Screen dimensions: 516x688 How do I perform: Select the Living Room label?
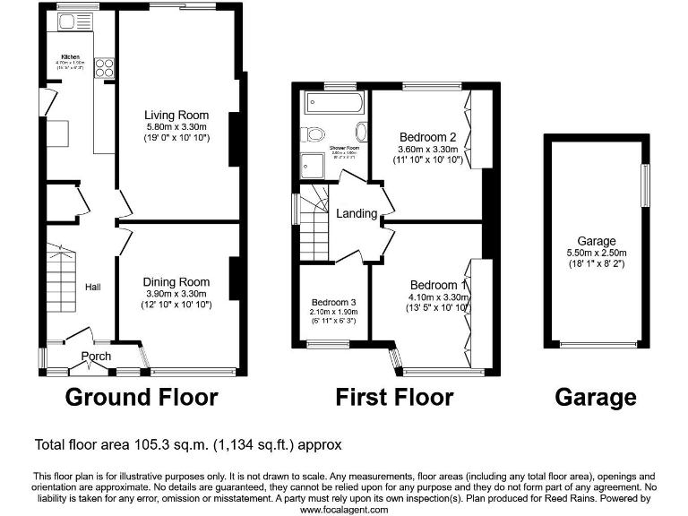(x=177, y=115)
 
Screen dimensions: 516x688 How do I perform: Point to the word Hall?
(x=92, y=287)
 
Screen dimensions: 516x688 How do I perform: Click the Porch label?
(x=96, y=357)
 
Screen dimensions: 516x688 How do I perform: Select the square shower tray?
(x=314, y=163)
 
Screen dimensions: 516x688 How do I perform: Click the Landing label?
(x=356, y=214)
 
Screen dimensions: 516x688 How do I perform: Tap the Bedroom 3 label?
(x=333, y=302)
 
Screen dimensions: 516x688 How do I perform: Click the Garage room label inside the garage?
(x=596, y=241)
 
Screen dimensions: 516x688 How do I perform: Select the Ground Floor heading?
(x=142, y=396)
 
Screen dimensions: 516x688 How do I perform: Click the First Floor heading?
(x=394, y=396)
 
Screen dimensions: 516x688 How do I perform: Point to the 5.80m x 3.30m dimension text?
(x=177, y=127)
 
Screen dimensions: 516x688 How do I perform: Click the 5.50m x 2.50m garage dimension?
(x=596, y=254)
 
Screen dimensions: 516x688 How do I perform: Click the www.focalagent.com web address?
(x=344, y=509)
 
